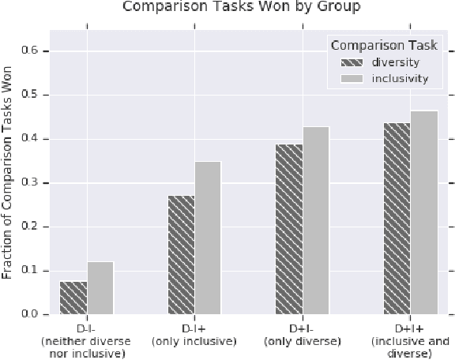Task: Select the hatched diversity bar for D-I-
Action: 73,298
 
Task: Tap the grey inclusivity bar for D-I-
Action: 100,287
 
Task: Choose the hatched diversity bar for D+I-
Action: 289,229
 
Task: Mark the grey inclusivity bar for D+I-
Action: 316,220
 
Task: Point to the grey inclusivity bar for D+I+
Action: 424,212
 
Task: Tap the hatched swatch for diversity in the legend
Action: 352,63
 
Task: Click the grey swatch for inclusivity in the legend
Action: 352,79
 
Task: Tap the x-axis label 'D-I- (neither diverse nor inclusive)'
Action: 86,339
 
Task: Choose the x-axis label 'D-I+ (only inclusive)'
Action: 194,334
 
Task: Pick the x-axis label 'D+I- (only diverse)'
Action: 303,334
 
